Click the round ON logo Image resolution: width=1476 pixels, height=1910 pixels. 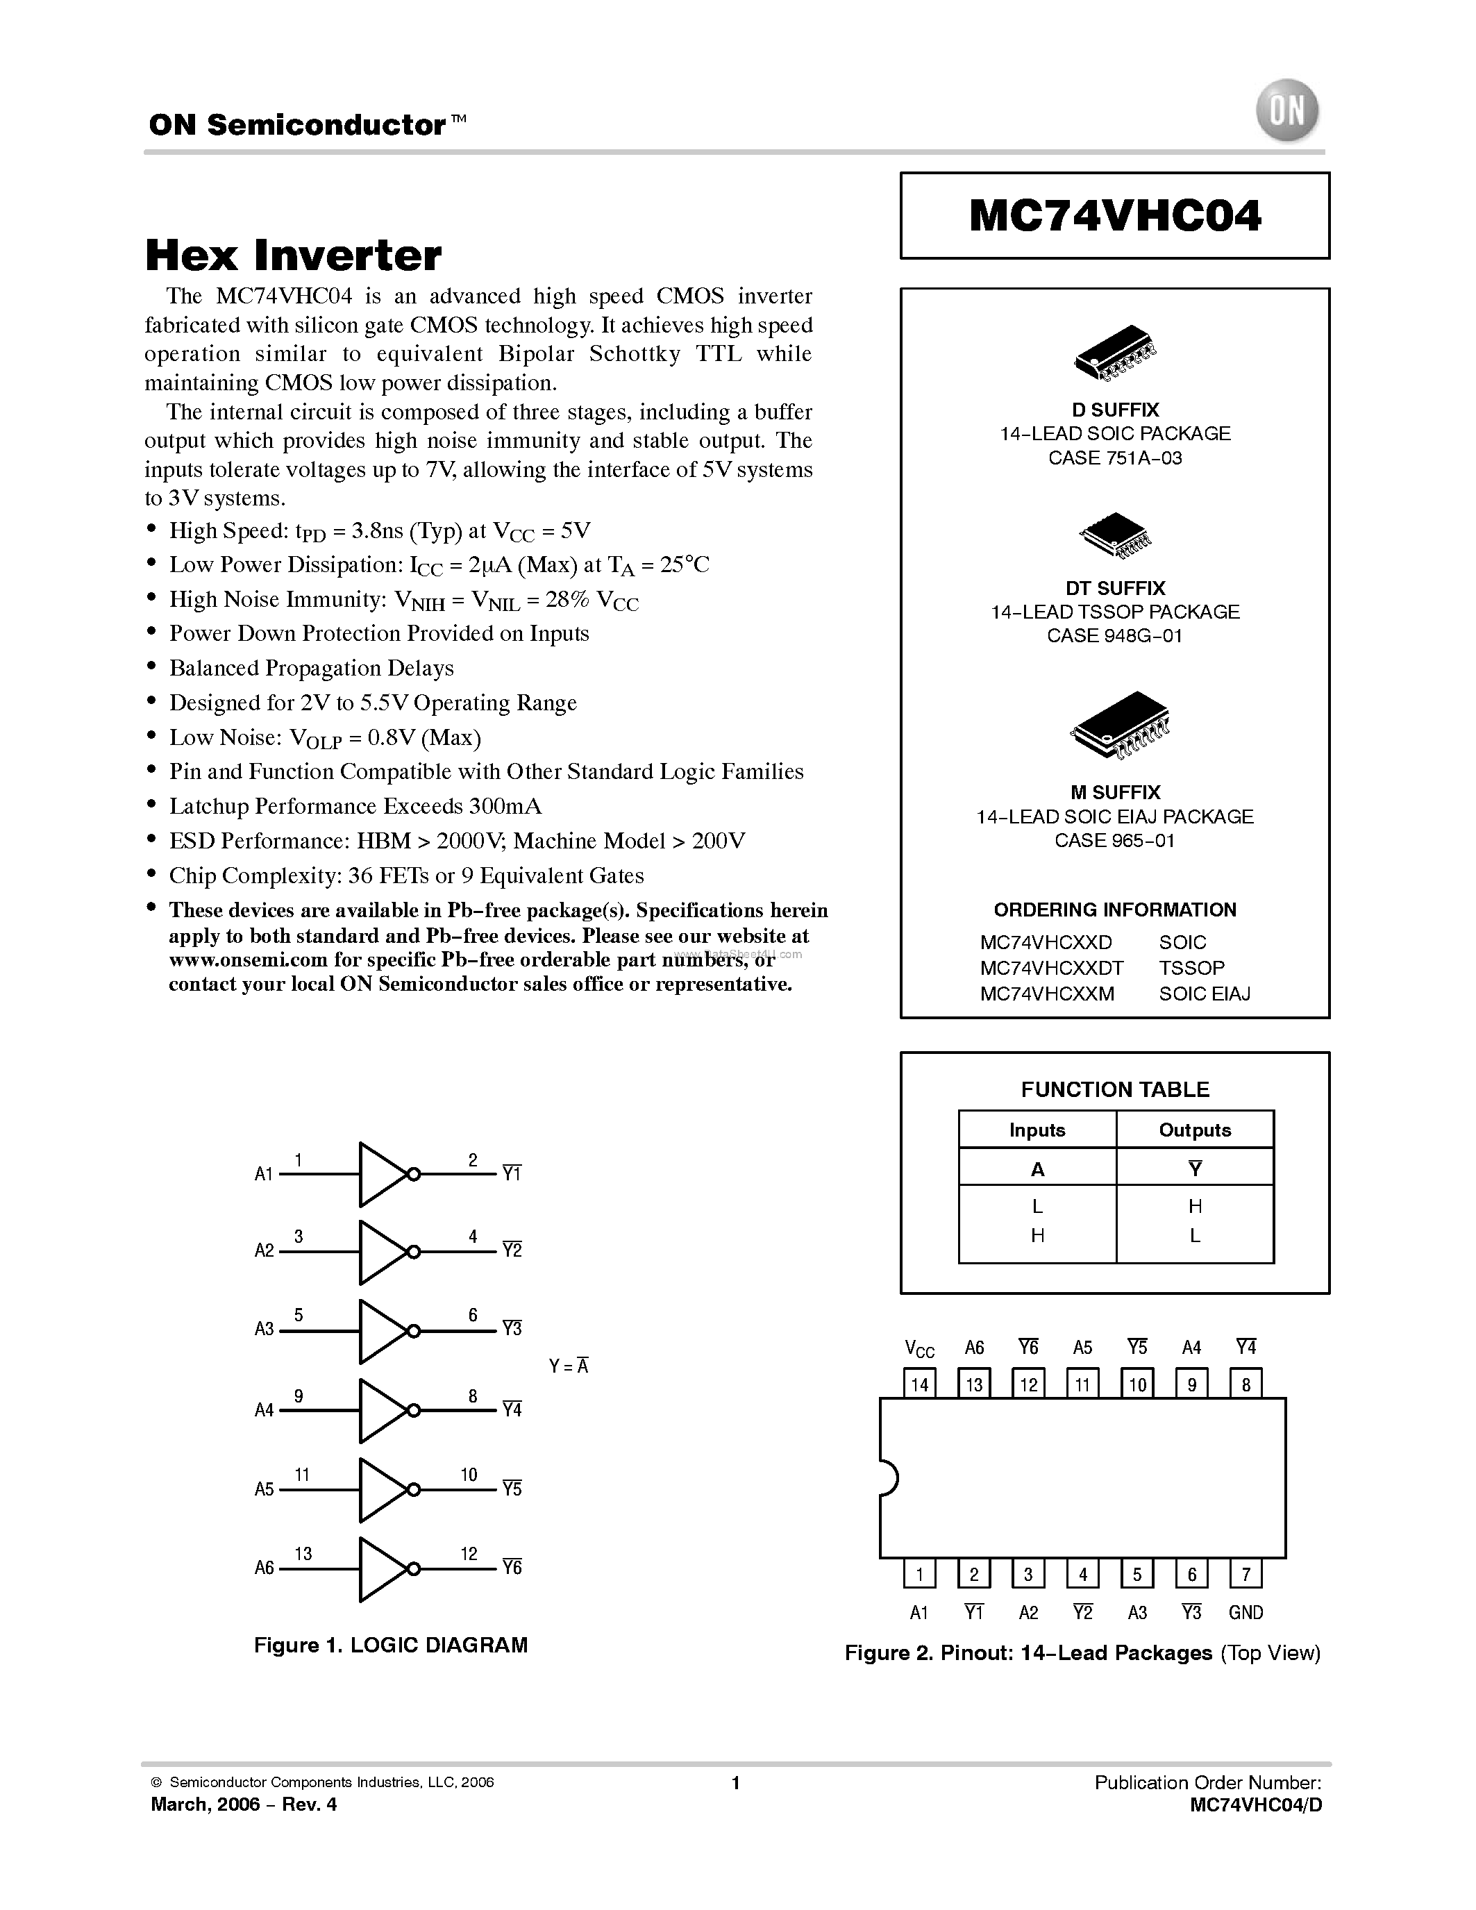pos(1287,111)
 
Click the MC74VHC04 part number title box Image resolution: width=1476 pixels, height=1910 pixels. pos(1115,215)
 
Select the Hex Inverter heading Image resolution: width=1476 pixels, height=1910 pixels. pos(293,255)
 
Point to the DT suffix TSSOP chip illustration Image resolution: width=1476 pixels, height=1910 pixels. pos(1115,535)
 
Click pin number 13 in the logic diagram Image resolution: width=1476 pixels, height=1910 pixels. pos(303,1554)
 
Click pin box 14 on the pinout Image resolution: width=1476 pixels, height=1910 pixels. pos(920,1384)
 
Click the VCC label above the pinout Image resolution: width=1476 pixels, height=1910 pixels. pos(920,1348)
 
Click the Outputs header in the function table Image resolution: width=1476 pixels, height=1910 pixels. pos(1194,1130)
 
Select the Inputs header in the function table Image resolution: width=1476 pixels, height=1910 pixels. pos(1037,1130)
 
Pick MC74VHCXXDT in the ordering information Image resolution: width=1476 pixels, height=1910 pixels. pos(1052,968)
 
